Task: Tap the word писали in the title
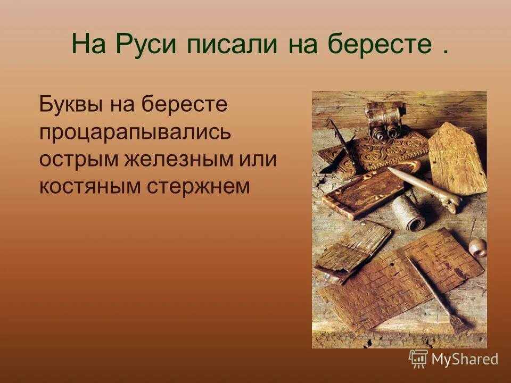pyautogui.click(x=232, y=45)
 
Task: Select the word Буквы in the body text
pyautogui.click(x=71, y=104)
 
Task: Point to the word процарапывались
pyautogui.click(x=135, y=132)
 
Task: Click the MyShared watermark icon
pyautogui.click(x=418, y=359)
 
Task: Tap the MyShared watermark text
pyautogui.click(x=464, y=360)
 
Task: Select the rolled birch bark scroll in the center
pyautogui.click(x=408, y=211)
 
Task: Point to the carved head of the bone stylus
pyautogui.click(x=452, y=203)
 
